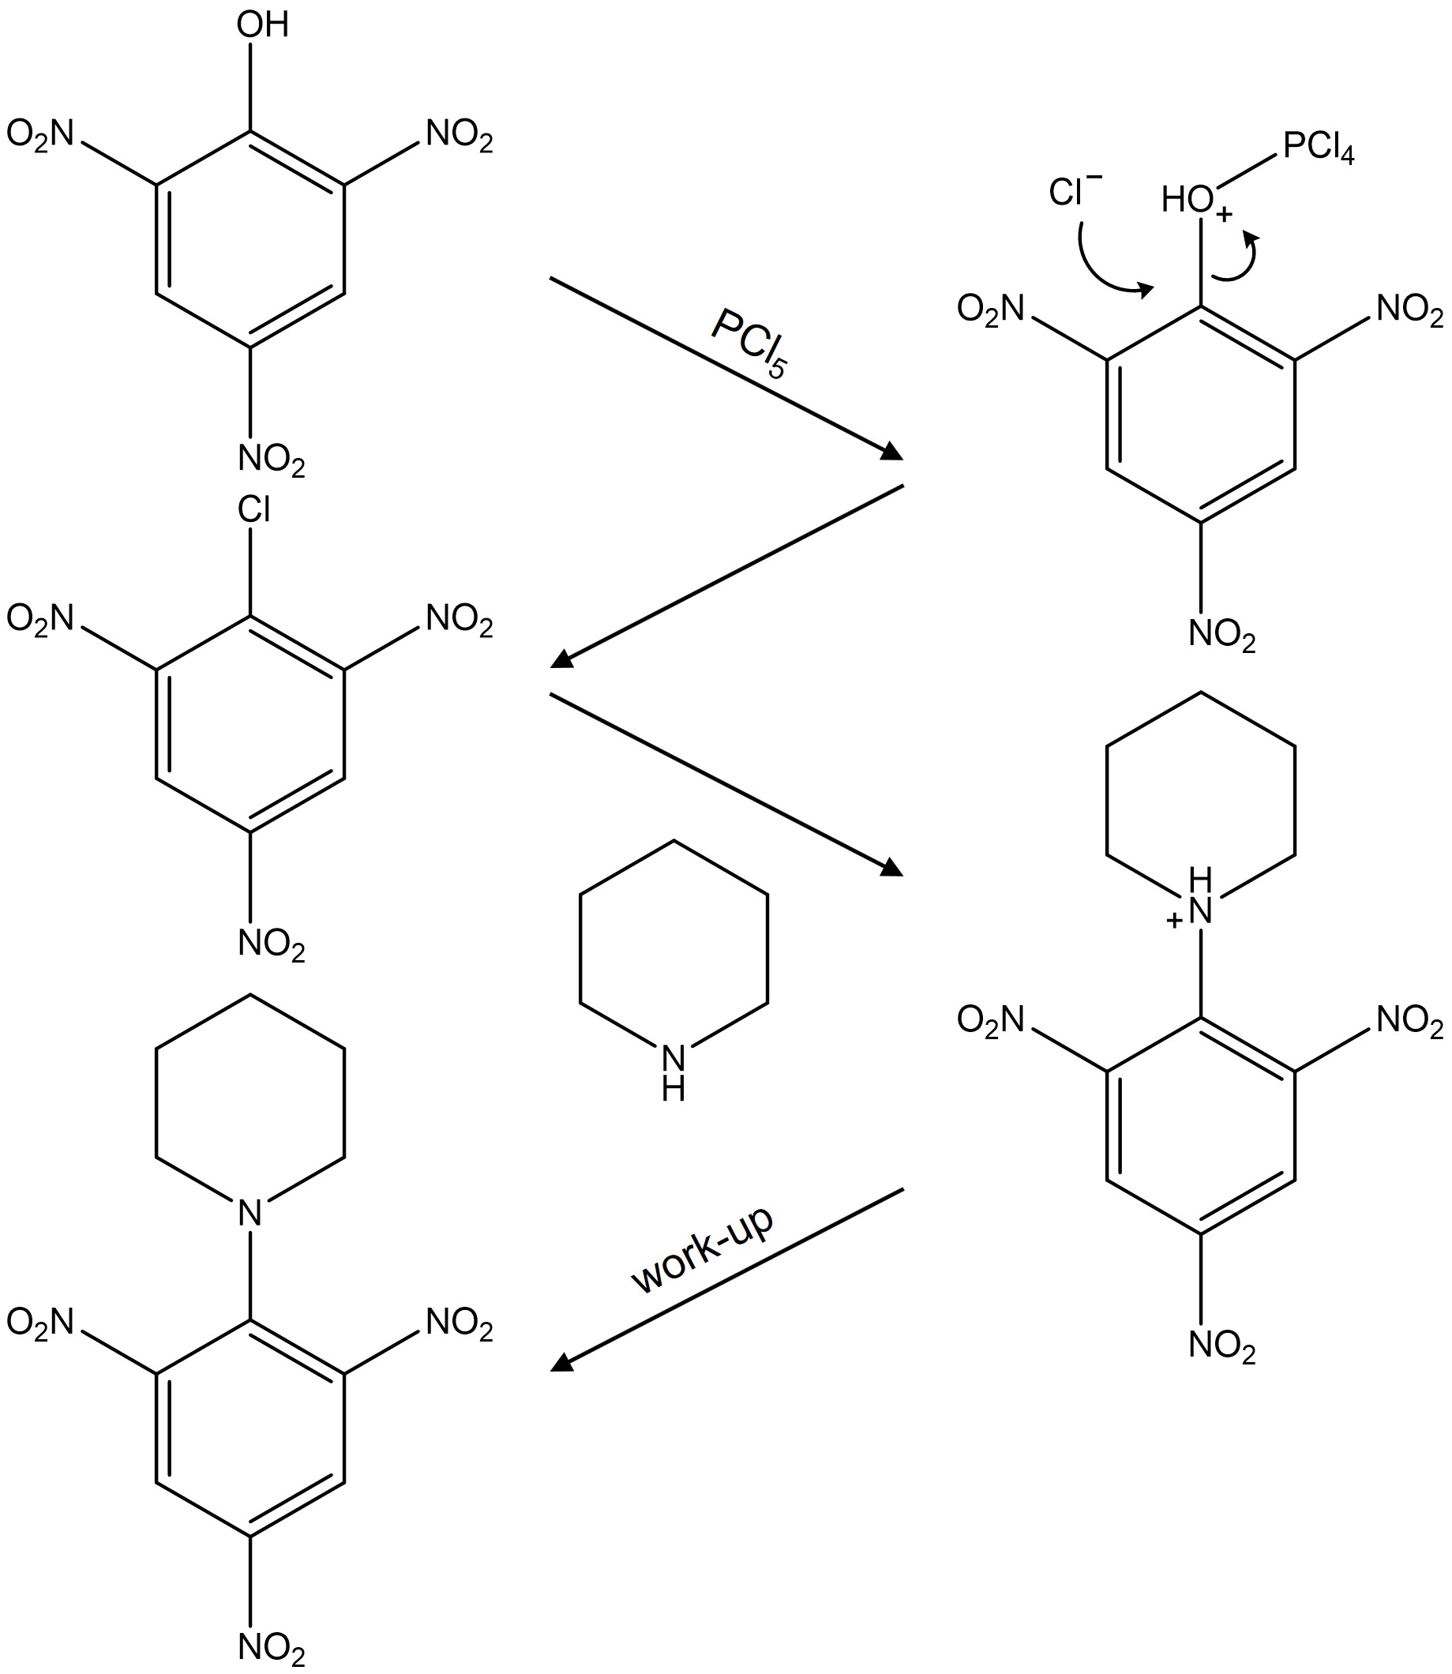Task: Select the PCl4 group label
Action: [x=1319, y=149]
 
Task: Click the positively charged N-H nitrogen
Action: [x=1200, y=913]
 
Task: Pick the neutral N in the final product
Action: [x=250, y=1213]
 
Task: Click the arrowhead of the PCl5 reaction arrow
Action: [x=891, y=452]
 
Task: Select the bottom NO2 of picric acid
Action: [x=272, y=460]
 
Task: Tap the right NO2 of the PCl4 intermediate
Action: [x=1410, y=310]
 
